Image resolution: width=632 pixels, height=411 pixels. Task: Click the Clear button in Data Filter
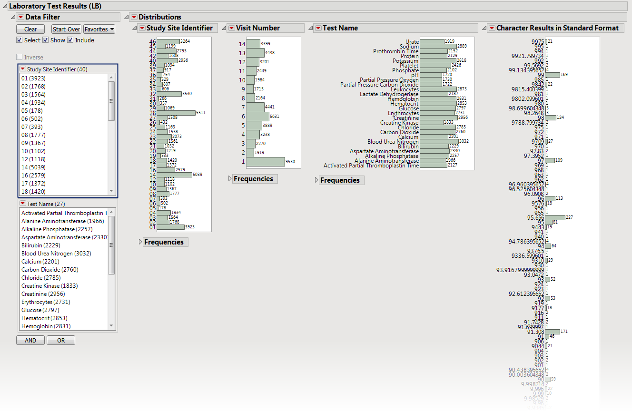click(30, 29)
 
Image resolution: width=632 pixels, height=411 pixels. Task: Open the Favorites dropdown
click(99, 29)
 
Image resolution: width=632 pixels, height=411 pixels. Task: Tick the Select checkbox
click(20, 40)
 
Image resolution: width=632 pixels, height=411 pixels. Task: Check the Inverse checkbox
click(20, 58)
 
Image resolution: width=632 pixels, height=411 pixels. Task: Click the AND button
click(30, 341)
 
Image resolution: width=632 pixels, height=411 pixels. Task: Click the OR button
click(61, 341)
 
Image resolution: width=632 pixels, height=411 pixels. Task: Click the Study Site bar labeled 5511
click(176, 113)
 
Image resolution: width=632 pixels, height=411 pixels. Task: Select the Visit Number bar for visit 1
click(266, 162)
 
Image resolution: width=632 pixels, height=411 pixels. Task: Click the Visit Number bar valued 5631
click(257, 116)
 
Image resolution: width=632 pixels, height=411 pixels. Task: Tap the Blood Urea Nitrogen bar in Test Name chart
click(439, 142)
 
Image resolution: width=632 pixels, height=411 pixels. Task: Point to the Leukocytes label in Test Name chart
click(405, 89)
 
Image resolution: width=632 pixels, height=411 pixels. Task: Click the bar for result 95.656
click(555, 217)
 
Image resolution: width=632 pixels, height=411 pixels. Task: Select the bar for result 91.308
click(552, 332)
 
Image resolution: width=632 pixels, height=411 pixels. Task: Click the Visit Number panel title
click(258, 28)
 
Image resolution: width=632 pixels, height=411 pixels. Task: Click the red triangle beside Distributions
click(134, 17)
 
